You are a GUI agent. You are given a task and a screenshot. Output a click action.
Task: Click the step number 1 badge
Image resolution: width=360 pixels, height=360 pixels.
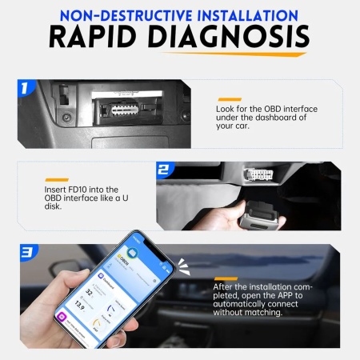click(x=26, y=88)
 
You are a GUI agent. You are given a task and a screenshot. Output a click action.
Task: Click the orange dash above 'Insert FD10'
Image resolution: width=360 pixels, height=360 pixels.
click(x=55, y=178)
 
